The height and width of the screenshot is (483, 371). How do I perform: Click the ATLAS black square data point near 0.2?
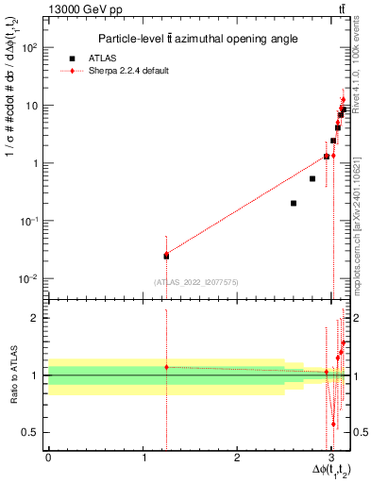click(294, 203)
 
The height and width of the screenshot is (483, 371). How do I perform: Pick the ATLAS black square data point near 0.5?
click(312, 178)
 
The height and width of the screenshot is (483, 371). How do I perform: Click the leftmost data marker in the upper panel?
click(166, 255)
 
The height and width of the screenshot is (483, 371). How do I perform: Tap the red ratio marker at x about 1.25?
click(166, 367)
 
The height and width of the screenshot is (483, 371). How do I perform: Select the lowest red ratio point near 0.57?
click(333, 425)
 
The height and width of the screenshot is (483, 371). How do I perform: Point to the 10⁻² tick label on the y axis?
click(31, 279)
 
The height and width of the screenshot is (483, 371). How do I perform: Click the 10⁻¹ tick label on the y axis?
click(31, 222)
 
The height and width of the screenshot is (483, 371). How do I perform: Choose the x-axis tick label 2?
click(237, 458)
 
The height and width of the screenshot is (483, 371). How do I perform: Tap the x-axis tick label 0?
click(47, 458)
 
